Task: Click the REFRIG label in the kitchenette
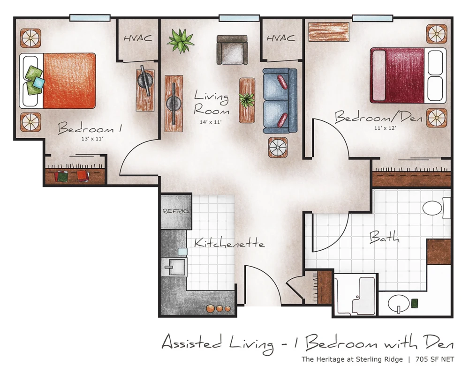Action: tap(175, 211)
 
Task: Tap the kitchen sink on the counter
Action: tap(174, 267)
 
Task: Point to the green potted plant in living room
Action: tap(181, 40)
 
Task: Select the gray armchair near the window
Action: tap(232, 50)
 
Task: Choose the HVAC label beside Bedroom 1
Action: tap(138, 38)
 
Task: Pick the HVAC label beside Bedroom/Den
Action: tap(281, 38)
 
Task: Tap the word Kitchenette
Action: tap(229, 244)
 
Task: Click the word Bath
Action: tap(384, 237)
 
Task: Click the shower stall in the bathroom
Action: tap(355, 295)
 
